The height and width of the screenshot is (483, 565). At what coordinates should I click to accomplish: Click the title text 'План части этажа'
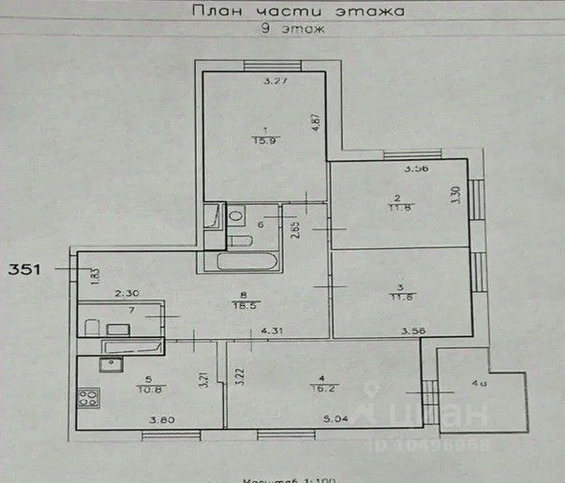click(x=296, y=12)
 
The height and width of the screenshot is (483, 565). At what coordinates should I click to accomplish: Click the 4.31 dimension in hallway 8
click(x=271, y=331)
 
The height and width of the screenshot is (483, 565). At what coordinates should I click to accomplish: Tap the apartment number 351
click(x=23, y=270)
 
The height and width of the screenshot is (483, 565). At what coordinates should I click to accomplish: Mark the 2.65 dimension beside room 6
click(x=296, y=232)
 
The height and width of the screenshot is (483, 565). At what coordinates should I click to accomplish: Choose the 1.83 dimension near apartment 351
click(x=95, y=275)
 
